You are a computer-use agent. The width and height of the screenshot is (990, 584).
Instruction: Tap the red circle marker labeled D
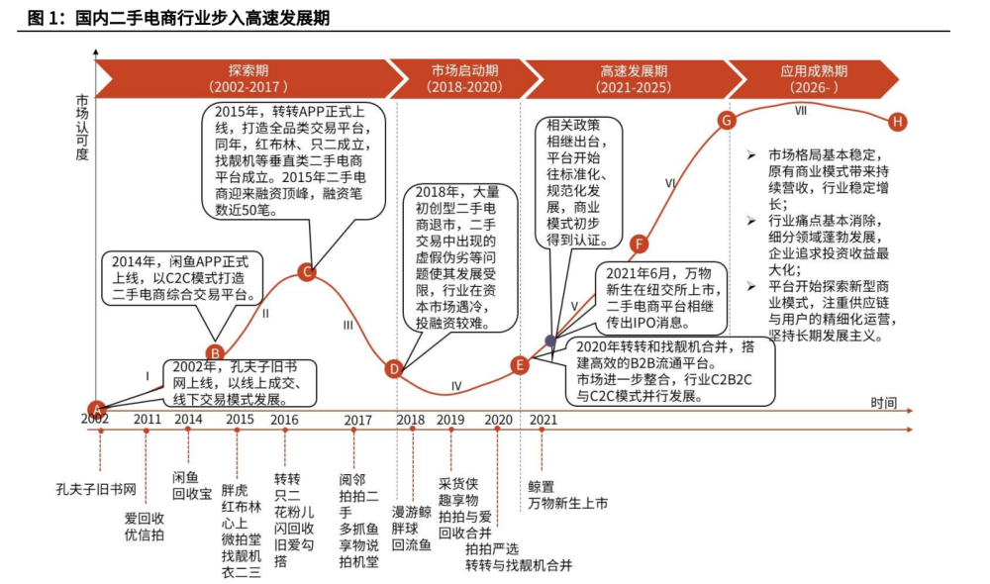coord(394,370)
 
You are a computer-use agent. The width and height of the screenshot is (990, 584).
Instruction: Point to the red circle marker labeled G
coord(726,121)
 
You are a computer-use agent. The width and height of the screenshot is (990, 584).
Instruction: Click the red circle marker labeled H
coord(898,122)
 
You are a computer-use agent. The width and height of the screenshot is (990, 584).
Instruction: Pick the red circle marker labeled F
coord(640,244)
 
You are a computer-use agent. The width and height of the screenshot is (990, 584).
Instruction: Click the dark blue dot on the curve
coord(551,341)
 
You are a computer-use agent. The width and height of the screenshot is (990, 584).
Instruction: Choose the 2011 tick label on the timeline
coord(148,420)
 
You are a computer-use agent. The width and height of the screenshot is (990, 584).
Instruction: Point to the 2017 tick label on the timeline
coord(358,420)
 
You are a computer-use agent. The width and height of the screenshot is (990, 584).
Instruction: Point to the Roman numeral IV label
coord(456,386)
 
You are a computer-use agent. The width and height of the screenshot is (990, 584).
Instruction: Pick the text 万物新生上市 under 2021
coord(568,504)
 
